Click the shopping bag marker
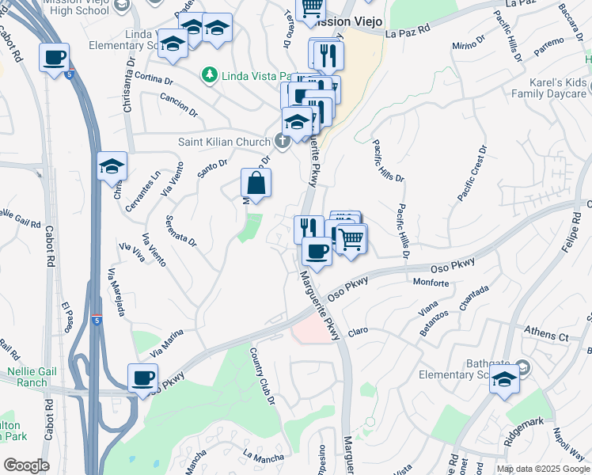pos(256,184)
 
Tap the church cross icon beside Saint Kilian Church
pos(282,142)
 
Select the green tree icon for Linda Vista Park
pos(209,75)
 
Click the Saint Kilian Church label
pos(224,142)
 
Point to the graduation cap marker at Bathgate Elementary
pos(504,380)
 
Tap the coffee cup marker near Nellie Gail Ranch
pos(143,378)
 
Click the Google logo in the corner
pos(26,465)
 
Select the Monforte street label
pos(431,283)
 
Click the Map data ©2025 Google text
pos(542,469)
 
